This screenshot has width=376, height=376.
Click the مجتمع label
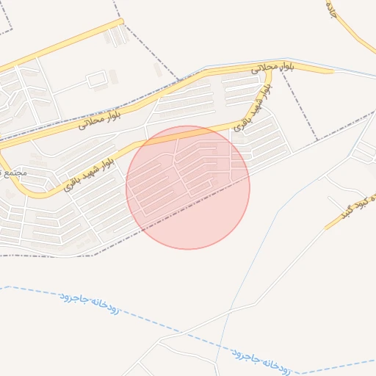13,174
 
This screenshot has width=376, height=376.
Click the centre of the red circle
188,187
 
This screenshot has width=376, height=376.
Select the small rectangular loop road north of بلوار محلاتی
98,79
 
